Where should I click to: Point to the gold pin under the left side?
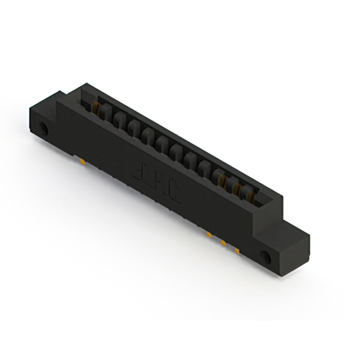pyautogui.click(x=83, y=163)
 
